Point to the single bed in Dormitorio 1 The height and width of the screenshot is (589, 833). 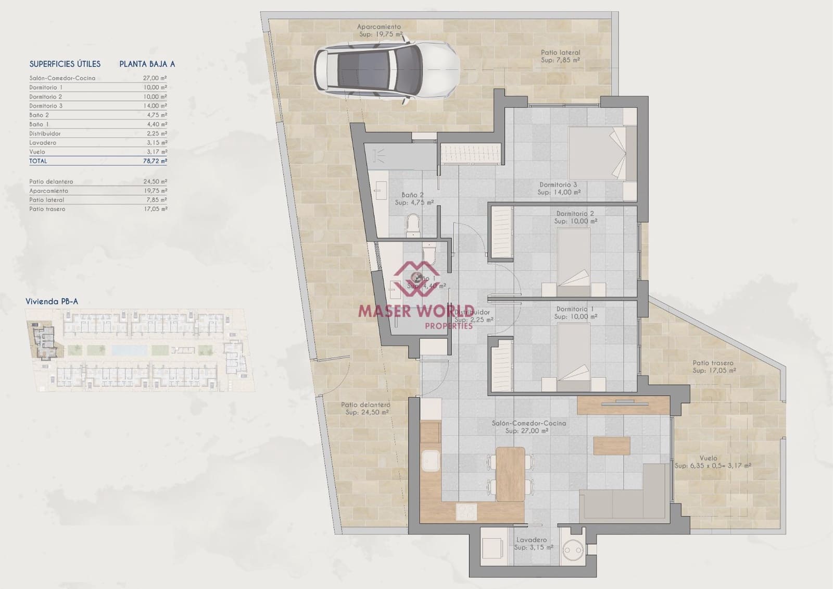tap(574, 357)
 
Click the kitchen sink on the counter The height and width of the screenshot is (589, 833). tap(432, 462)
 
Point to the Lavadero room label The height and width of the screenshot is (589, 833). tap(531, 540)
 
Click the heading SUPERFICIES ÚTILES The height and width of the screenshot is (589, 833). tap(65, 64)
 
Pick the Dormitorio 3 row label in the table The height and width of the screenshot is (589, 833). tap(46, 106)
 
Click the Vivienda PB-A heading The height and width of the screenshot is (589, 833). tap(52, 301)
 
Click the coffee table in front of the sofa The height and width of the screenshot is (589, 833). tap(612, 445)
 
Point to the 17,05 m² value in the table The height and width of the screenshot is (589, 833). tap(157, 209)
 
